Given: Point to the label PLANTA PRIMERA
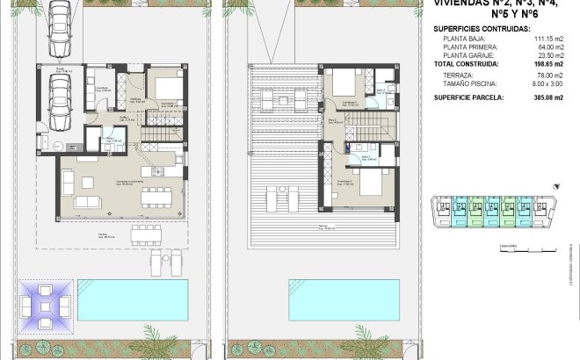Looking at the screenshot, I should point(469,47).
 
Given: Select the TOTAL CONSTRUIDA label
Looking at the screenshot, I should point(467,64).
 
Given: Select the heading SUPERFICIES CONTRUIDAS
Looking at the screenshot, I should point(482,29).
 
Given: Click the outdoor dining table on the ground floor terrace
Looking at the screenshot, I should point(148,235).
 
